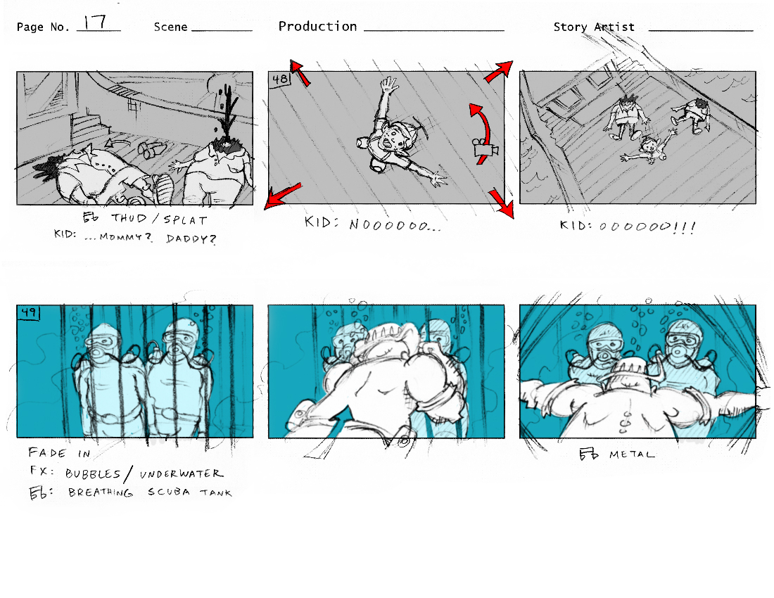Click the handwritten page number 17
coord(94,22)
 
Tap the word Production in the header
coord(317,27)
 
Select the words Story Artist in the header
coord(594,27)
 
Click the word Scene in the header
coord(170,27)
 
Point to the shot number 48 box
coord(280,79)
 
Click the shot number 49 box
coord(29,312)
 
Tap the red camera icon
coord(485,150)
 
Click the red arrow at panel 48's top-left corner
coord(300,72)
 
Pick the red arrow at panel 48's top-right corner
coord(499,71)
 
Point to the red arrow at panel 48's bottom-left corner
coord(282,196)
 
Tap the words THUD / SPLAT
coord(159,219)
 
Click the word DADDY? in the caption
coord(191,238)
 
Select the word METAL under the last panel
coord(632,454)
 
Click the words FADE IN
coord(59,453)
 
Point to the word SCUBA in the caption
coord(169,492)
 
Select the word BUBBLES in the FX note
coord(94,473)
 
